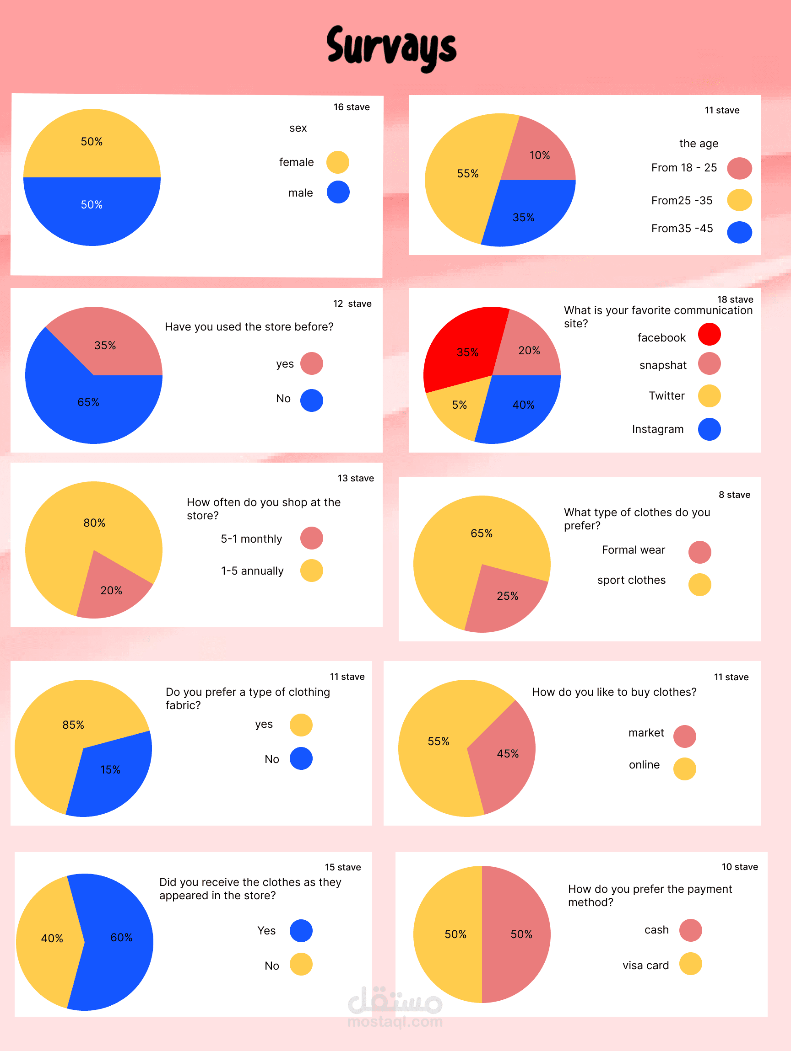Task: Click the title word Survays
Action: pyautogui.click(x=391, y=48)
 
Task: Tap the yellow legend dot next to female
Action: pyautogui.click(x=338, y=162)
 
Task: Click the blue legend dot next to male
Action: pyautogui.click(x=338, y=192)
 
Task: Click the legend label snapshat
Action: pyautogui.click(x=663, y=365)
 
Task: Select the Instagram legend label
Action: pyautogui.click(x=658, y=429)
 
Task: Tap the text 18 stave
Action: pyautogui.click(x=735, y=299)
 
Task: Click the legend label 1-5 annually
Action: pyautogui.click(x=252, y=571)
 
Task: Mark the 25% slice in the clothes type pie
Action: pyautogui.click(x=507, y=596)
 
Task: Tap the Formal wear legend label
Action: pyautogui.click(x=634, y=550)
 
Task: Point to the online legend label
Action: pyautogui.click(x=645, y=764)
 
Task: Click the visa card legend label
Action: pyautogui.click(x=646, y=965)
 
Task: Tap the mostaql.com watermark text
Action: pyautogui.click(x=395, y=1022)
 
